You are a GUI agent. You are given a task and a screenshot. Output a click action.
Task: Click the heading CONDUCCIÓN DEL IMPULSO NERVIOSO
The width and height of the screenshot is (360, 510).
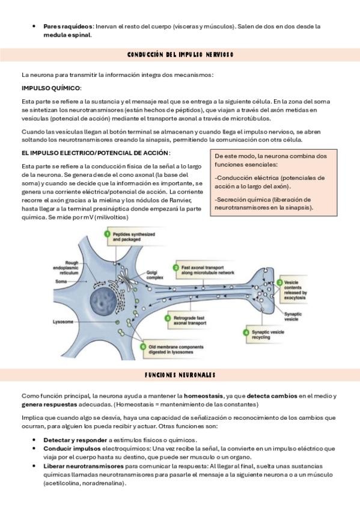tap(180, 55)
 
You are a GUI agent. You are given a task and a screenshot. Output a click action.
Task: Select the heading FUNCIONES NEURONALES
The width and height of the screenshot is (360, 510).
tap(180, 375)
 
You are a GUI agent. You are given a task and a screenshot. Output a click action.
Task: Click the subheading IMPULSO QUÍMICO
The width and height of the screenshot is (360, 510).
tap(51, 88)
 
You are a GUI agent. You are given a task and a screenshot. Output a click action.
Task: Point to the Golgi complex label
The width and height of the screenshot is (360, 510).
tap(154, 275)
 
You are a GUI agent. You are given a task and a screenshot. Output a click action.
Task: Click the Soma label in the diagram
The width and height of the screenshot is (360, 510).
tap(61, 281)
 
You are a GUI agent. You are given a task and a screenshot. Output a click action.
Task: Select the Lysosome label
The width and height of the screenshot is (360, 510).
tap(63, 322)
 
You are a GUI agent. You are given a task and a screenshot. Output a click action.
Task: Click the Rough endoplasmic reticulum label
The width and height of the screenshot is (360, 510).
tap(66, 268)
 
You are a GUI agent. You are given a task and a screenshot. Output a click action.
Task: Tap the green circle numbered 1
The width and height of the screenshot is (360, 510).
tap(107, 234)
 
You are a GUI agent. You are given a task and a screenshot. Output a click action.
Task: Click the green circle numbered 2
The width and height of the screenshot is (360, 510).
tap(175, 268)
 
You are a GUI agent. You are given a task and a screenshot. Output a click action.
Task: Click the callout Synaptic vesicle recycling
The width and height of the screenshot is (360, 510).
tap(264, 334)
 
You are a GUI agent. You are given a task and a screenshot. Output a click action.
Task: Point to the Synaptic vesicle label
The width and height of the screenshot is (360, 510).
tap(293, 316)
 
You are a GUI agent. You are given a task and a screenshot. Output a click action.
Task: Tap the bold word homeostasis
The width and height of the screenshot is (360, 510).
tap(203, 396)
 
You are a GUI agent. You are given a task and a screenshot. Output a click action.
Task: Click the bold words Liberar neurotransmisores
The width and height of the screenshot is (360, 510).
tap(84, 466)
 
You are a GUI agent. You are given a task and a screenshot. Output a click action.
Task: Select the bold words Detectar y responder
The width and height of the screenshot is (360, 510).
tap(75, 440)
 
